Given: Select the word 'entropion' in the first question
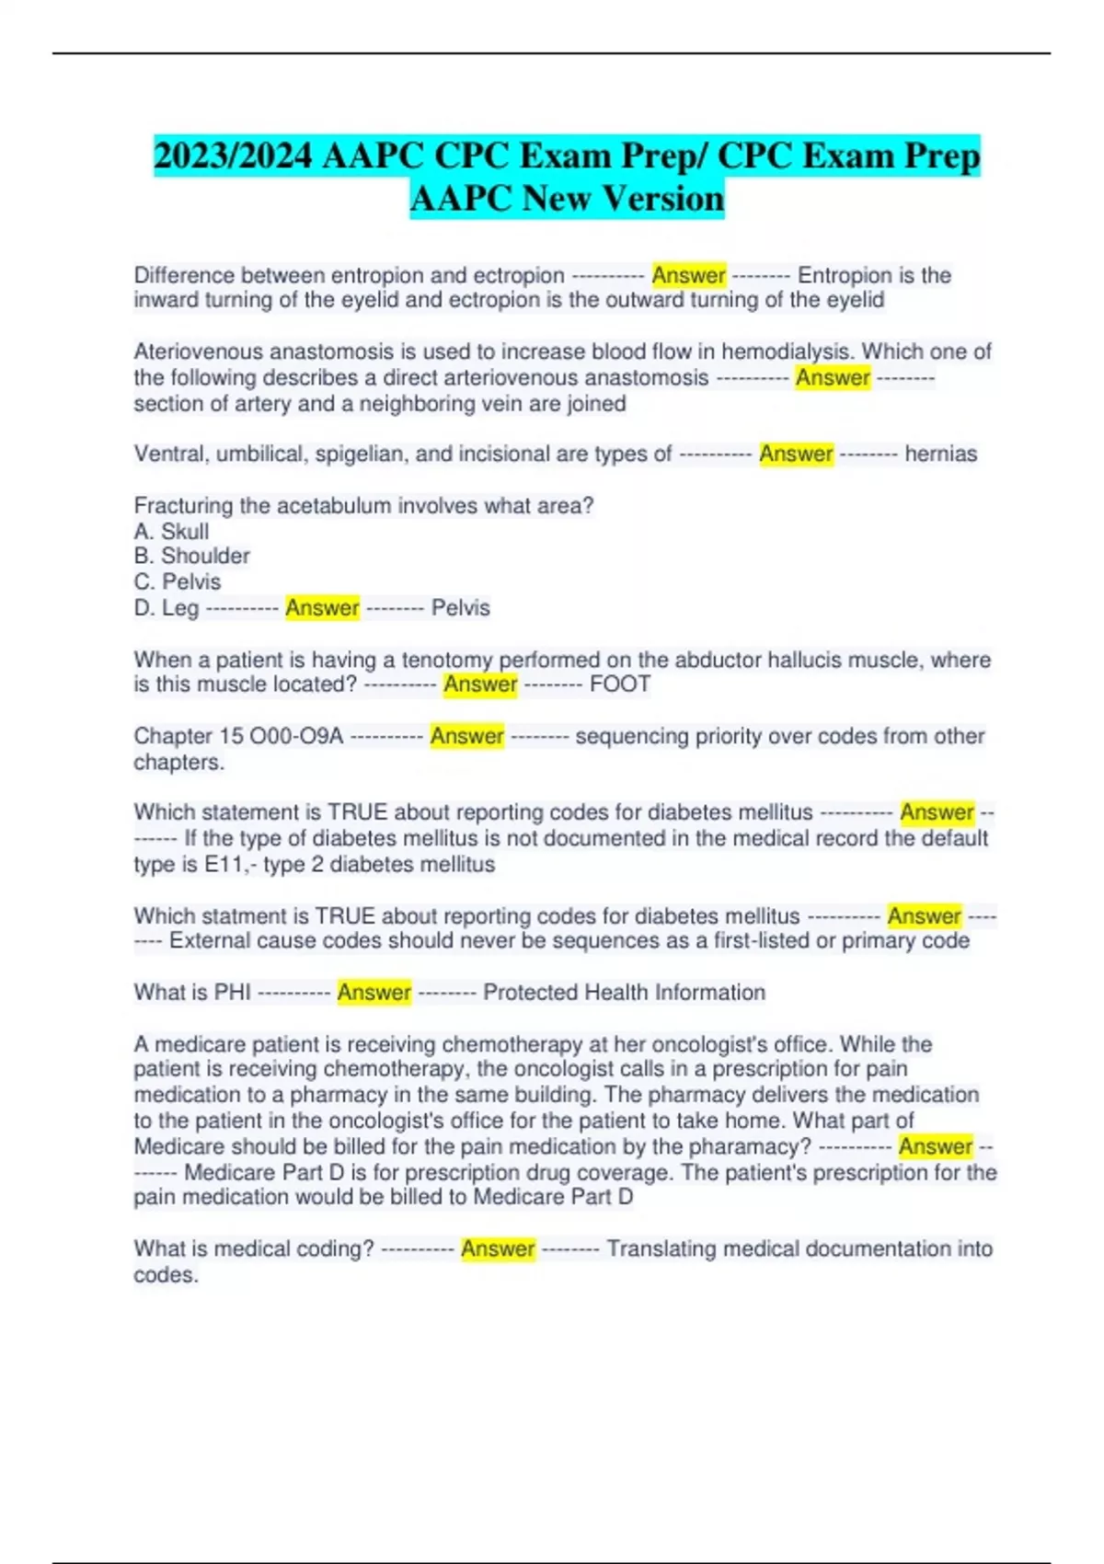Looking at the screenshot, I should [x=374, y=275].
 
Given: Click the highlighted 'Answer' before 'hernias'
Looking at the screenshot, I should [x=796, y=454].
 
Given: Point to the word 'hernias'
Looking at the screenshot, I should [x=940, y=454].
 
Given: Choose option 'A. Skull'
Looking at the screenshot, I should [x=171, y=531].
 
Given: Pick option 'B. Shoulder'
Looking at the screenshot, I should [x=191, y=556].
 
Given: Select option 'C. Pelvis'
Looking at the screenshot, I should [x=177, y=581].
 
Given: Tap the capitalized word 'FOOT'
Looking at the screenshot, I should [x=619, y=684].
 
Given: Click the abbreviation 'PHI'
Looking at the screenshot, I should [x=232, y=992].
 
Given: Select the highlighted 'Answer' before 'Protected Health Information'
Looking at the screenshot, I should [x=374, y=992].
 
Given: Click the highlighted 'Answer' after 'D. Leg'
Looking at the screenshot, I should [x=322, y=607].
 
